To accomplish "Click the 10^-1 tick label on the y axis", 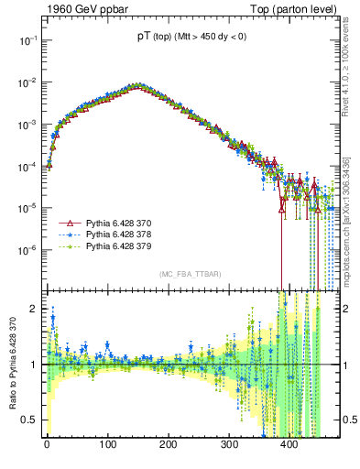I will (27, 40).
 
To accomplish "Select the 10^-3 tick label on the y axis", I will (27, 124).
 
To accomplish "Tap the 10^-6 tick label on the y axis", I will (27, 249).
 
